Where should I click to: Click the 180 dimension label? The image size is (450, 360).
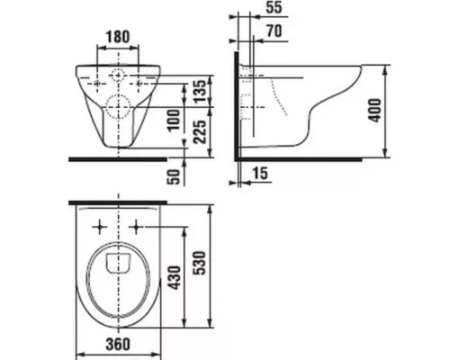pyautogui.click(x=118, y=37)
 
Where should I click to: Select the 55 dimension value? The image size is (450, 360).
pyautogui.click(x=274, y=7)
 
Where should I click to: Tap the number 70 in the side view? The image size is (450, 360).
pyautogui.click(x=274, y=31)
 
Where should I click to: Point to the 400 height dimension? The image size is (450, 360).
pyautogui.click(x=375, y=110)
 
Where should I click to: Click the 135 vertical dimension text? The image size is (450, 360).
pyautogui.click(x=200, y=91)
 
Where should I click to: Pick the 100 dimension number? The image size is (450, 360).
pyautogui.click(x=174, y=121)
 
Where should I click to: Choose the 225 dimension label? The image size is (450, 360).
pyautogui.click(x=200, y=131)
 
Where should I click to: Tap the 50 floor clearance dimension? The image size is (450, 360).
pyautogui.click(x=174, y=176)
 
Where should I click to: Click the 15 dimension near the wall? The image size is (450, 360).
pyautogui.click(x=260, y=173)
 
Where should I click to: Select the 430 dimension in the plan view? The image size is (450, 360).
pyautogui.click(x=174, y=278)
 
